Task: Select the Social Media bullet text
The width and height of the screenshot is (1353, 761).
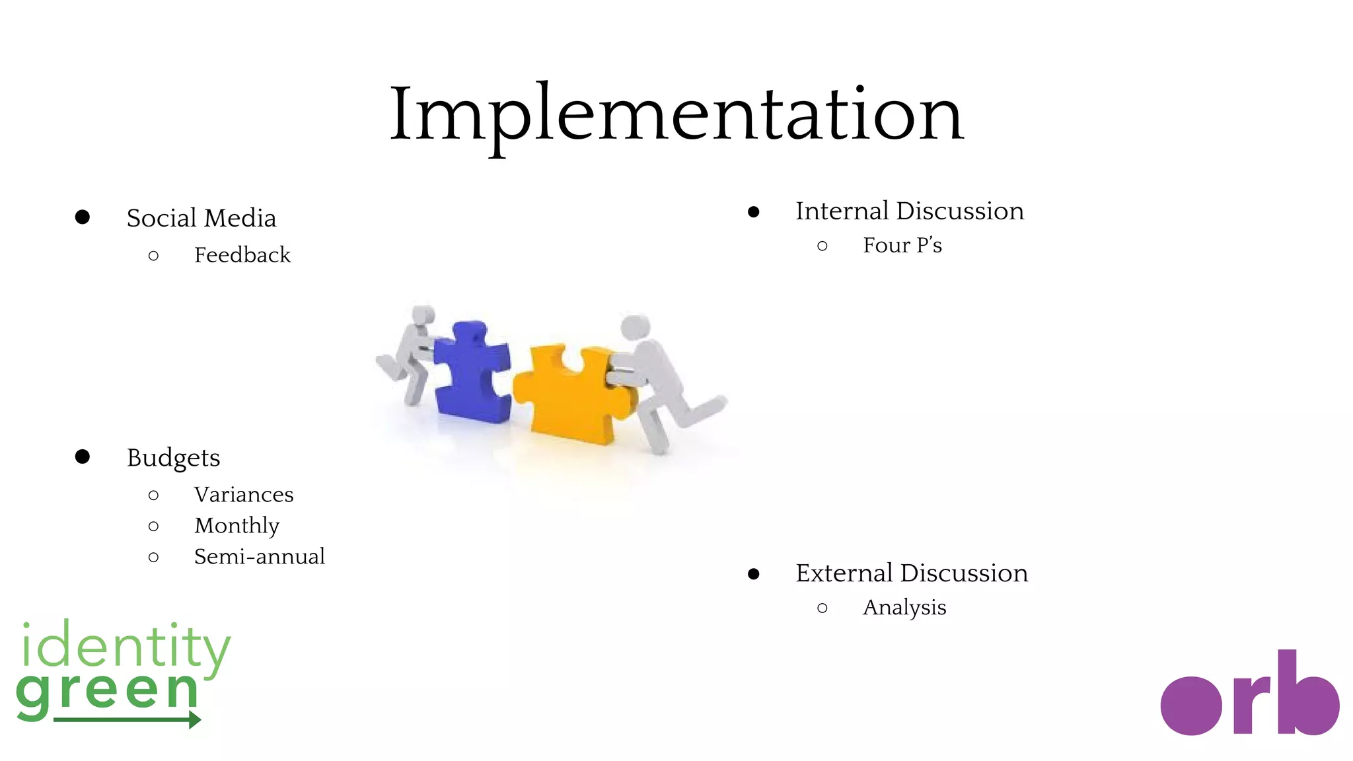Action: click(201, 218)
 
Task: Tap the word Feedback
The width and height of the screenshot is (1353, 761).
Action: click(242, 255)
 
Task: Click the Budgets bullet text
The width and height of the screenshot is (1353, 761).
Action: click(173, 458)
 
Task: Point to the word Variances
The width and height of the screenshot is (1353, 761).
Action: click(244, 495)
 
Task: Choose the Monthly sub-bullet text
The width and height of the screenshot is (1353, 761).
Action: click(237, 526)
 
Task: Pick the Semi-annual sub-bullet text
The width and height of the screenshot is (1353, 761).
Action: click(259, 557)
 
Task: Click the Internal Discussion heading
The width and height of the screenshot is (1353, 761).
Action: click(909, 211)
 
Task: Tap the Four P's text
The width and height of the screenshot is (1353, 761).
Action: click(902, 246)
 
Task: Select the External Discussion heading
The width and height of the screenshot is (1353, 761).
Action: click(911, 573)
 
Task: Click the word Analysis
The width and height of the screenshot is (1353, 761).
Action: click(904, 608)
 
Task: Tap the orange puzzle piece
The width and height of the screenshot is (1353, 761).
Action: click(571, 393)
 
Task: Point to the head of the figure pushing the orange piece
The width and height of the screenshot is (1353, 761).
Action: click(636, 327)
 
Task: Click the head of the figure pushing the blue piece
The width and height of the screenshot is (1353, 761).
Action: click(422, 315)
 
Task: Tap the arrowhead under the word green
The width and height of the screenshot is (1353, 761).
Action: click(195, 719)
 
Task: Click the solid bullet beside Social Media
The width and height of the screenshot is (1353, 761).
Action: click(83, 217)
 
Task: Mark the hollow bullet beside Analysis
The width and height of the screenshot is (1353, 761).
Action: click(822, 608)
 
